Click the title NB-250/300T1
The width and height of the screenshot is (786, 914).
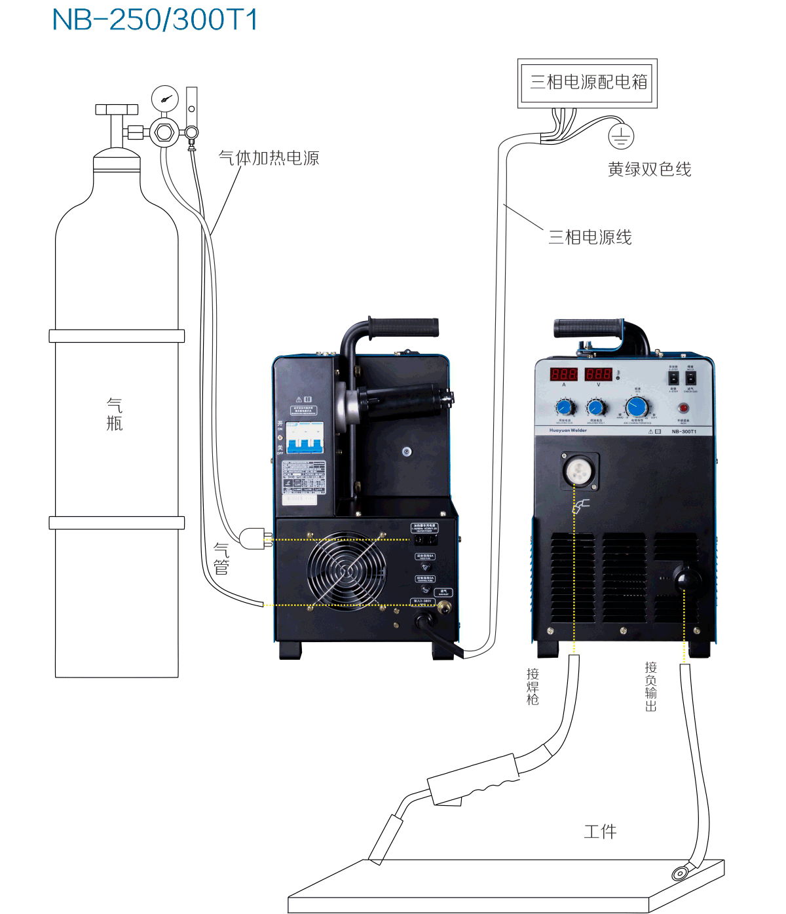(x=155, y=20)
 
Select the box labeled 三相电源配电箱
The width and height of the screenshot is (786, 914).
(x=588, y=83)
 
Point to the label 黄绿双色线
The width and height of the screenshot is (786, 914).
(x=649, y=170)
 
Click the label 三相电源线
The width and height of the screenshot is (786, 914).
(x=589, y=237)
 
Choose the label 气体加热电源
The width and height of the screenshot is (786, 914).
(x=269, y=158)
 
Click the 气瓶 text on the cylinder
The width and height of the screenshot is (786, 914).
(x=115, y=414)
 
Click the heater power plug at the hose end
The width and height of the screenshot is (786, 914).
(x=254, y=539)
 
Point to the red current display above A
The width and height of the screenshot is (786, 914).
(x=563, y=374)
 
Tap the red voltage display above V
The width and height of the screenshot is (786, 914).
(x=598, y=374)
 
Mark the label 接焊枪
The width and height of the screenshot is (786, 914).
(x=533, y=686)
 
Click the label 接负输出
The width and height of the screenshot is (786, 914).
(x=650, y=686)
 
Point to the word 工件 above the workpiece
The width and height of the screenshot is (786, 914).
(x=600, y=831)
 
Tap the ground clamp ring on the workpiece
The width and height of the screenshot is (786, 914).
(x=679, y=873)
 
